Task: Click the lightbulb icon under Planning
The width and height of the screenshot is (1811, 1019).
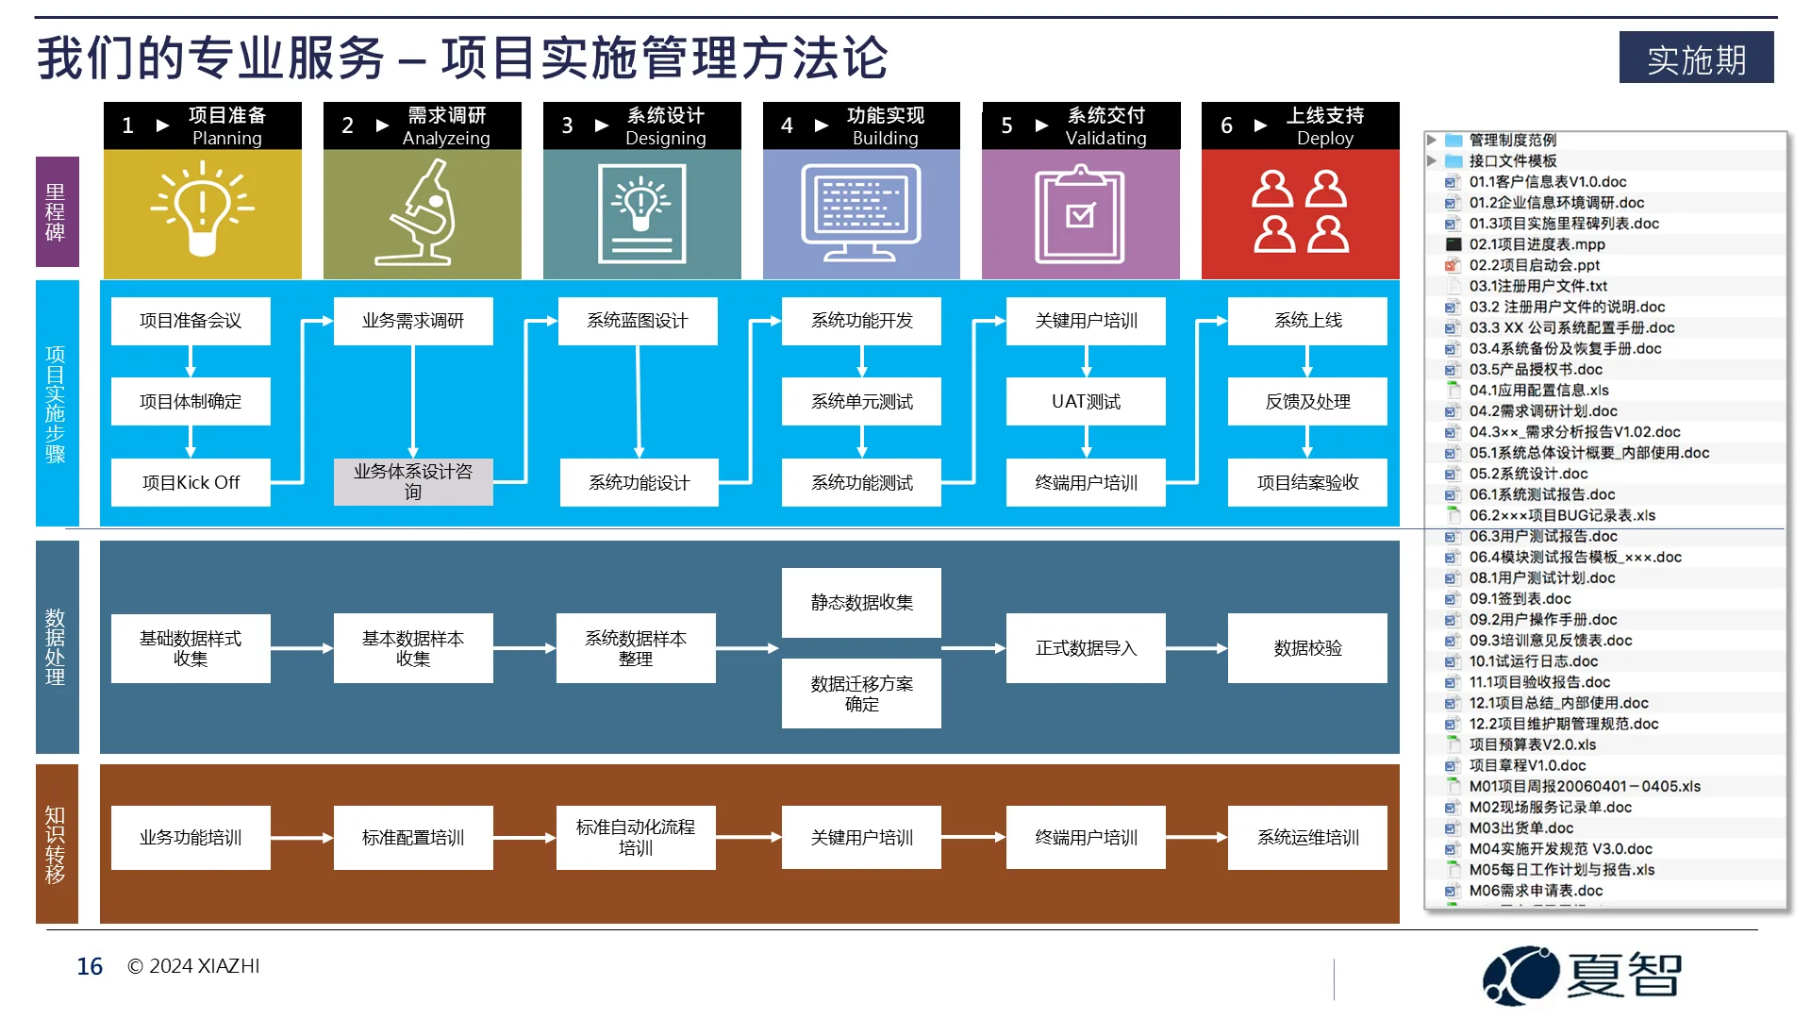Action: tap(202, 209)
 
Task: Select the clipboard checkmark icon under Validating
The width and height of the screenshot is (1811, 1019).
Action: tap(1080, 214)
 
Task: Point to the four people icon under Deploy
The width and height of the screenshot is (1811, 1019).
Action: tap(1300, 211)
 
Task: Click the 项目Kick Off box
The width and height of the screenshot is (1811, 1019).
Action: tap(191, 482)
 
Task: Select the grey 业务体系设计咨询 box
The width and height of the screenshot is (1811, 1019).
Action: tap(413, 481)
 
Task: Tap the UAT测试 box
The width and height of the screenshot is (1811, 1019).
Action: tap(1086, 401)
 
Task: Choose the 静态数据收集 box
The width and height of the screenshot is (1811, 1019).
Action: tap(861, 602)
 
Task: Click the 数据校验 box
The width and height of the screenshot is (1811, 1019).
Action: tap(1307, 648)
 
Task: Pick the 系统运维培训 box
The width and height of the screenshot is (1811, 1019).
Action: tap(1307, 837)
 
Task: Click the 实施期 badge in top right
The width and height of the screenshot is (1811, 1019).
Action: tap(1696, 58)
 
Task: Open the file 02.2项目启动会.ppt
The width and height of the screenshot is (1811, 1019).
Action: tap(1534, 265)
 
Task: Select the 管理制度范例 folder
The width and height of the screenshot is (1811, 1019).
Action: tap(1512, 140)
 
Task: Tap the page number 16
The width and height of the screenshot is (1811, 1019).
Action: tap(90, 966)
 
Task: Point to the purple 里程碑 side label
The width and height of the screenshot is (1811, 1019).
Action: tap(57, 212)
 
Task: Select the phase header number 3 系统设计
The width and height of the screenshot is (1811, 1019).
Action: tap(641, 125)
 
